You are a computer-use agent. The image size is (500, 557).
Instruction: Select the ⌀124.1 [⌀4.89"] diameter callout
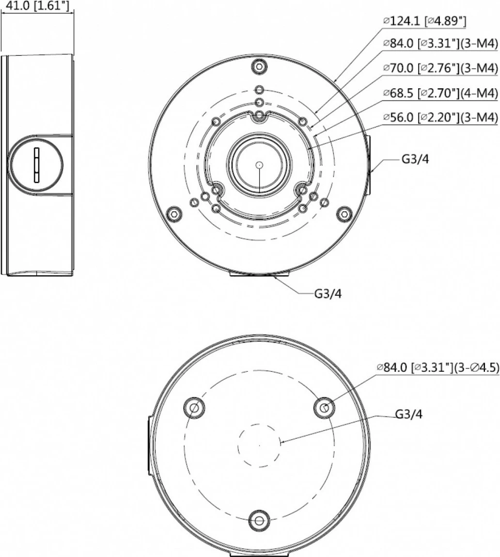[425, 21]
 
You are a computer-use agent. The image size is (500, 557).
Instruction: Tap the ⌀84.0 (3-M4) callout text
[440, 44]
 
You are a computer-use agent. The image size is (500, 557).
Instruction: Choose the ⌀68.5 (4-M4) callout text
[440, 93]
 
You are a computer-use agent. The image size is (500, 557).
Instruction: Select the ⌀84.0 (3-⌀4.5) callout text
[437, 367]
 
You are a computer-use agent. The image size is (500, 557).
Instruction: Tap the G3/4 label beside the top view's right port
[415, 160]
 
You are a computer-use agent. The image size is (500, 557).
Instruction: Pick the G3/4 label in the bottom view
[409, 414]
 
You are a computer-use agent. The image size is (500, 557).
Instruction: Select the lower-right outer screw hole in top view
[344, 213]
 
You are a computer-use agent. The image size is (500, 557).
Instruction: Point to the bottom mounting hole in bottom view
[259, 521]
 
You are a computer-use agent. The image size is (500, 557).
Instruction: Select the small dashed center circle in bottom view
[260, 445]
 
